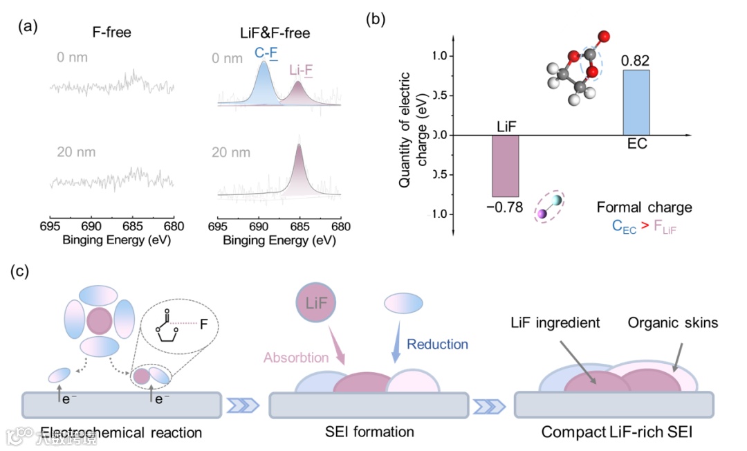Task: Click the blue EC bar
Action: point(636,102)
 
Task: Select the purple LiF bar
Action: point(505,166)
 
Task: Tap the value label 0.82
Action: point(635,62)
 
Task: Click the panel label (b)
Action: point(376,19)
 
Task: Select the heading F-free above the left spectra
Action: point(113,32)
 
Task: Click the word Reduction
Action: point(437,344)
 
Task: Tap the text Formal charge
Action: point(645,207)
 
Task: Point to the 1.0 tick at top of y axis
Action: point(443,55)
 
